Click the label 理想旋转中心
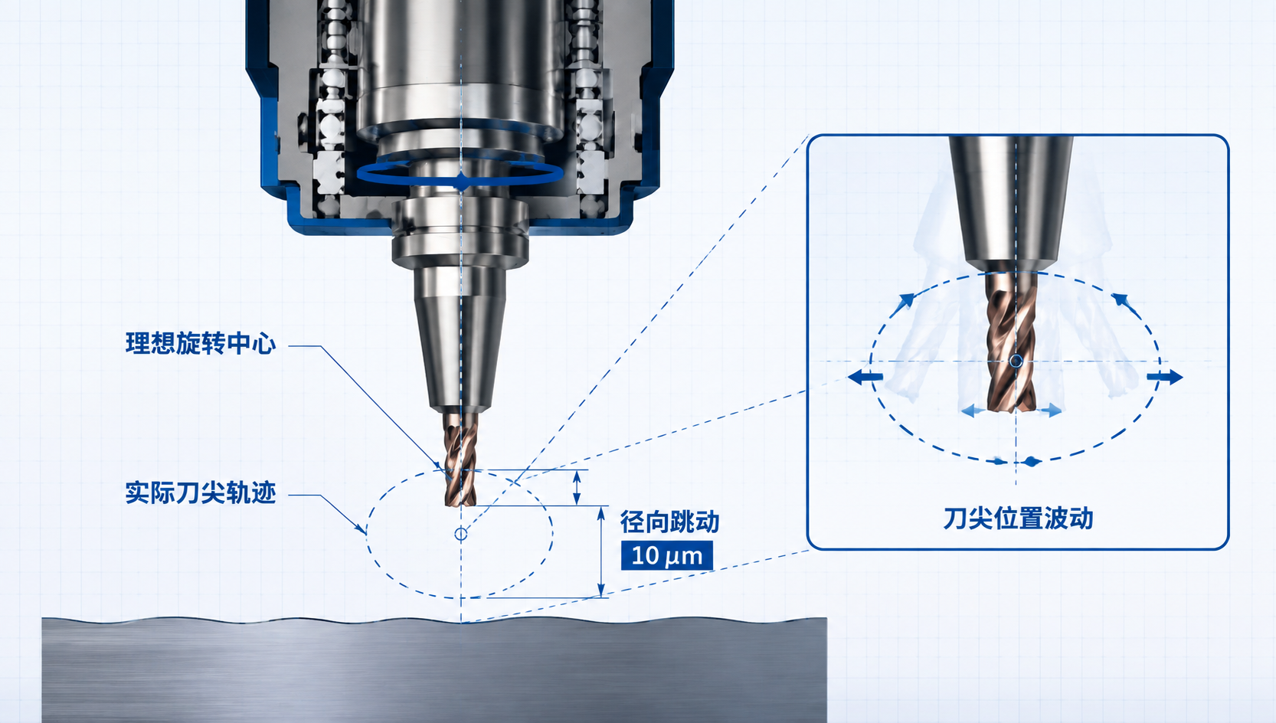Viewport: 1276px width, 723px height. pos(201,344)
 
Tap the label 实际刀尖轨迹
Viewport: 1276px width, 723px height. pos(201,492)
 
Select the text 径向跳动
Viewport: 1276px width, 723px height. pos(670,522)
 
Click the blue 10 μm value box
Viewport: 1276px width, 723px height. pos(667,555)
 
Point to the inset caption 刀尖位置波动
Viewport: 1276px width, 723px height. pos(1018,519)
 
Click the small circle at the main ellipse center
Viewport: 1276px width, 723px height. pos(461,534)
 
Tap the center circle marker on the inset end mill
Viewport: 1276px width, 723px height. pos(1016,361)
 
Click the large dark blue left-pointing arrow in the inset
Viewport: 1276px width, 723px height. pos(865,377)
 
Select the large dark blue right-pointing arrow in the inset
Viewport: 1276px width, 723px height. pos(1165,377)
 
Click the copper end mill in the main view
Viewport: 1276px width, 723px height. pos(460,460)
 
